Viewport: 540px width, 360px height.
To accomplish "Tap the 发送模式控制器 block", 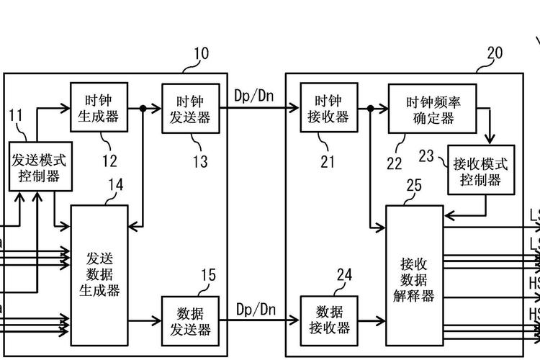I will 40,167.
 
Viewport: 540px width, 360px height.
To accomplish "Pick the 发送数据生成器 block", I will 99,274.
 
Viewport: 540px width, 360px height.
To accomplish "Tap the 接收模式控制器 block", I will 481,171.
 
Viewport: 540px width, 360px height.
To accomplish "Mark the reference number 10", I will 201,54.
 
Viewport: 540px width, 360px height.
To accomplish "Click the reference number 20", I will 495,53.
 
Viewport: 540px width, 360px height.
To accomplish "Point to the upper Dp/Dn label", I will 256,95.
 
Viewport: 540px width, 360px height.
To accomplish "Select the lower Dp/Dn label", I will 256,309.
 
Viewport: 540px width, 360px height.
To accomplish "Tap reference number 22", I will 395,163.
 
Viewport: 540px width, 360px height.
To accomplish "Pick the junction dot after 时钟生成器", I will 143,109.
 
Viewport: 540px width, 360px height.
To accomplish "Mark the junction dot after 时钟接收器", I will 369,109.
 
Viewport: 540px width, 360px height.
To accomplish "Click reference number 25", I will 413,186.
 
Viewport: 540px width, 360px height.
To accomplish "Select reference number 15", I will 207,275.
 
